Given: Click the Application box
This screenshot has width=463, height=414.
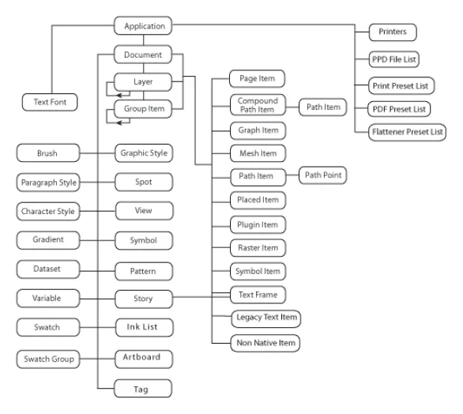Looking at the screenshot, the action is (143, 26).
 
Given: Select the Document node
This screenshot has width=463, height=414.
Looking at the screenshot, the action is (143, 55).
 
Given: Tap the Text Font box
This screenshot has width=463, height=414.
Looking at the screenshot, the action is (50, 102).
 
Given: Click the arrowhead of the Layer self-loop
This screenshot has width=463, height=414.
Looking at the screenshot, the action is (119, 96).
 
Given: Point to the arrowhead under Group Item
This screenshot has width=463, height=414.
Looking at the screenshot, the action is (119, 122).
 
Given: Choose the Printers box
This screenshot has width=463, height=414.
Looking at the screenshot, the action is (393, 32).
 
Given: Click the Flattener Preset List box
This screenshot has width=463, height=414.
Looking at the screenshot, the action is (407, 132).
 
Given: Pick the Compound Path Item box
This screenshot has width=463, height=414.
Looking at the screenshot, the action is (258, 105).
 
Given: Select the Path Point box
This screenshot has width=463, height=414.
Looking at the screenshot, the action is (322, 175).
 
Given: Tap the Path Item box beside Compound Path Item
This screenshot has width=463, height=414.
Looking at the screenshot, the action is (322, 107).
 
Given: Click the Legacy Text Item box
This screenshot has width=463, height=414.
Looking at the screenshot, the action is (266, 318).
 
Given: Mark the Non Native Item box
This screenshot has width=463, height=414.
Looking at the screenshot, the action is (265, 343).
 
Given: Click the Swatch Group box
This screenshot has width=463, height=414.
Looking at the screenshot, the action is (48, 359).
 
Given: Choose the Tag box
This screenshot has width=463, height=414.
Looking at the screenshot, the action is (143, 388).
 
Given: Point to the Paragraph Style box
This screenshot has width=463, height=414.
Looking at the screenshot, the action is (48, 183).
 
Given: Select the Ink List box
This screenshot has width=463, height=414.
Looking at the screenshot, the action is (144, 327).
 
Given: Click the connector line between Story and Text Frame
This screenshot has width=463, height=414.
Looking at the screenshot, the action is (201, 297).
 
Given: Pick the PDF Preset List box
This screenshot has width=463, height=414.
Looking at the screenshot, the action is (399, 109).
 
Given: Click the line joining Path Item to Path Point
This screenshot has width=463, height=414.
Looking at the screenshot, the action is (292, 175).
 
